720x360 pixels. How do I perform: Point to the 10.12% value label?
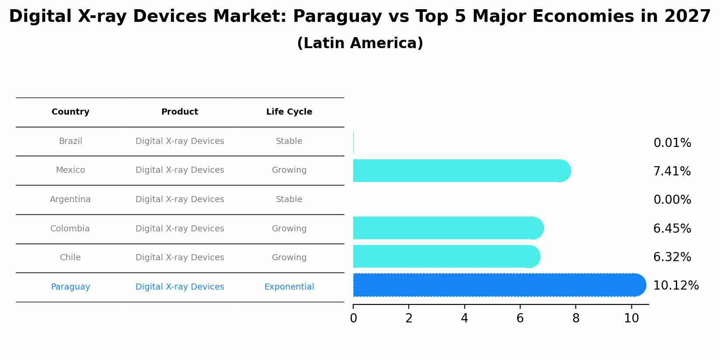[675, 286]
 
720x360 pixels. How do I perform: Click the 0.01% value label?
[672, 143]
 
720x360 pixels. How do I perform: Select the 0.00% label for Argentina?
[672, 200]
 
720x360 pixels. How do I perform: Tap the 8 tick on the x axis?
[576, 318]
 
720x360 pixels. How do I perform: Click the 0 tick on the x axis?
[353, 318]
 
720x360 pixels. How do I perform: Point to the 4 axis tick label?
[464, 318]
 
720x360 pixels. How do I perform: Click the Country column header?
[70, 112]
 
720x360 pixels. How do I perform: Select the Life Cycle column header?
[289, 112]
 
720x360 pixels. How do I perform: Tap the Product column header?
[180, 112]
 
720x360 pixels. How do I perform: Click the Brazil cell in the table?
[70, 141]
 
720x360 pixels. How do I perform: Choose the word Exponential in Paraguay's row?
[289, 287]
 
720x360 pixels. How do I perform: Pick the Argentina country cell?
[70, 199]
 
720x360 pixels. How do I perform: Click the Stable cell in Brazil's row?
[289, 141]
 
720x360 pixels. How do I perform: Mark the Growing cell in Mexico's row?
[289, 170]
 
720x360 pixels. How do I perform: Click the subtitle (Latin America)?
[360, 43]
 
